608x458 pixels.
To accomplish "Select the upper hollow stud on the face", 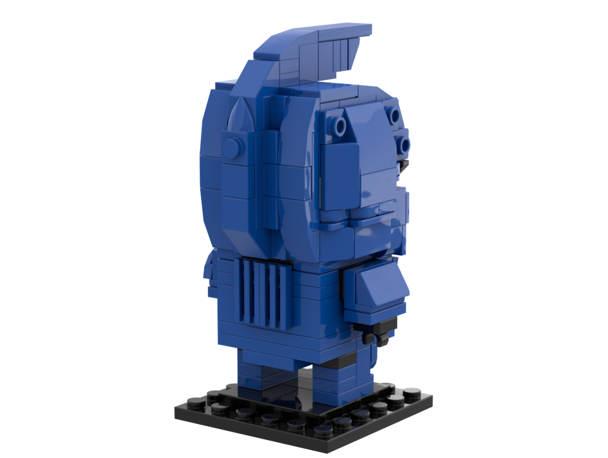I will [395, 115].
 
